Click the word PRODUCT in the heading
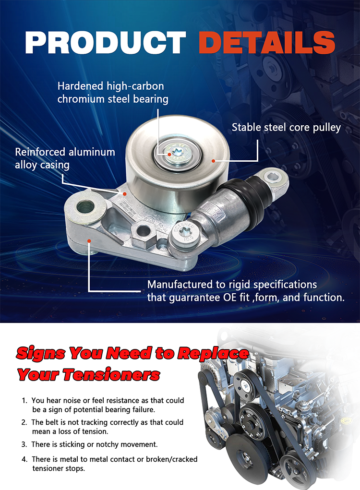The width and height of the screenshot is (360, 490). click(x=105, y=43)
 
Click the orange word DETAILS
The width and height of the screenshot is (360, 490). click(x=266, y=43)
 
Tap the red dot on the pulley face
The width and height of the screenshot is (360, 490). click(x=213, y=161)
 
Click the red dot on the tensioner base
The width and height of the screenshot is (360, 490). click(x=89, y=241)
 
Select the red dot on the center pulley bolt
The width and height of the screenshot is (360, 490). click(x=169, y=155)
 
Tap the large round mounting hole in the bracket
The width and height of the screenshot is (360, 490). click(x=85, y=207)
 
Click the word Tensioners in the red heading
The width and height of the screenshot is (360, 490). click(x=111, y=374)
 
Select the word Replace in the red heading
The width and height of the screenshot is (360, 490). click(x=214, y=353)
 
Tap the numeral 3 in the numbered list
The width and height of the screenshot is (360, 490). click(x=24, y=444)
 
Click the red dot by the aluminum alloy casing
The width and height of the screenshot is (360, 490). click(x=124, y=194)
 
